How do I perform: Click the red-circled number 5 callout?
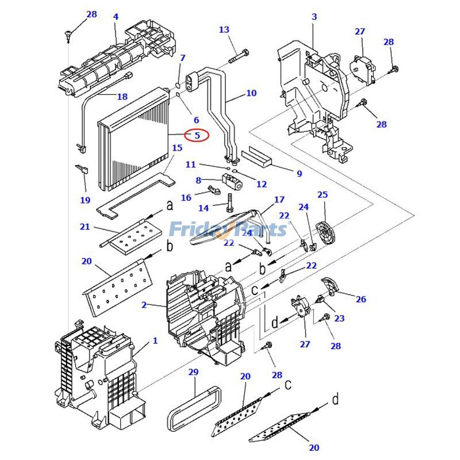(197, 136)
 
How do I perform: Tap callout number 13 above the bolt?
(224, 30)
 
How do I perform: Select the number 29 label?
(193, 373)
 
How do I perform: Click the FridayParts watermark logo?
(227, 229)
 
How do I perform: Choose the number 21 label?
(85, 227)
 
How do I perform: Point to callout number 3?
(314, 17)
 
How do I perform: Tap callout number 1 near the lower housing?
(155, 341)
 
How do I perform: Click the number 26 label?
(361, 300)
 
